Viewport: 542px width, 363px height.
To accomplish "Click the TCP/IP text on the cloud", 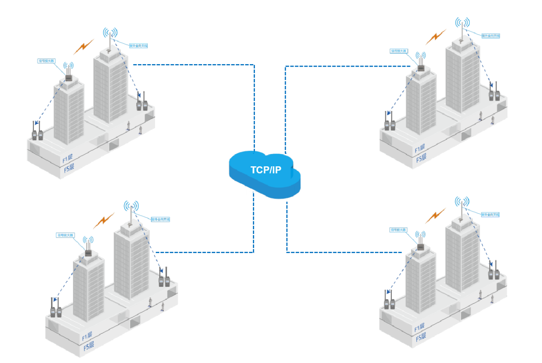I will [x=266, y=170].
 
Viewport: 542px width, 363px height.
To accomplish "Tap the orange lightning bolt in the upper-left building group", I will [x=84, y=47].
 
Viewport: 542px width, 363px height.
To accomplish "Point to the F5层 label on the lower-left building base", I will [x=88, y=344].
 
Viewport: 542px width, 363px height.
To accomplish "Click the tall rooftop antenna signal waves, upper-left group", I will [x=110, y=32].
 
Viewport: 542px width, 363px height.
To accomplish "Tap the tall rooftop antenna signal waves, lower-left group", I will [x=131, y=206].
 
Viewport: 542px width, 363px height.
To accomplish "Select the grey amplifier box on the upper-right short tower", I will [x=421, y=68].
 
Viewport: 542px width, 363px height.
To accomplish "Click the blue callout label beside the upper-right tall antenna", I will [x=490, y=35].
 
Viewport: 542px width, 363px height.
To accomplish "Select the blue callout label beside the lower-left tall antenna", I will [x=161, y=219].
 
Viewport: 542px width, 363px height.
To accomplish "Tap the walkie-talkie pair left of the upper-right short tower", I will [x=390, y=123].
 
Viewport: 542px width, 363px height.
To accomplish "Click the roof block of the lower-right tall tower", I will [x=462, y=221].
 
